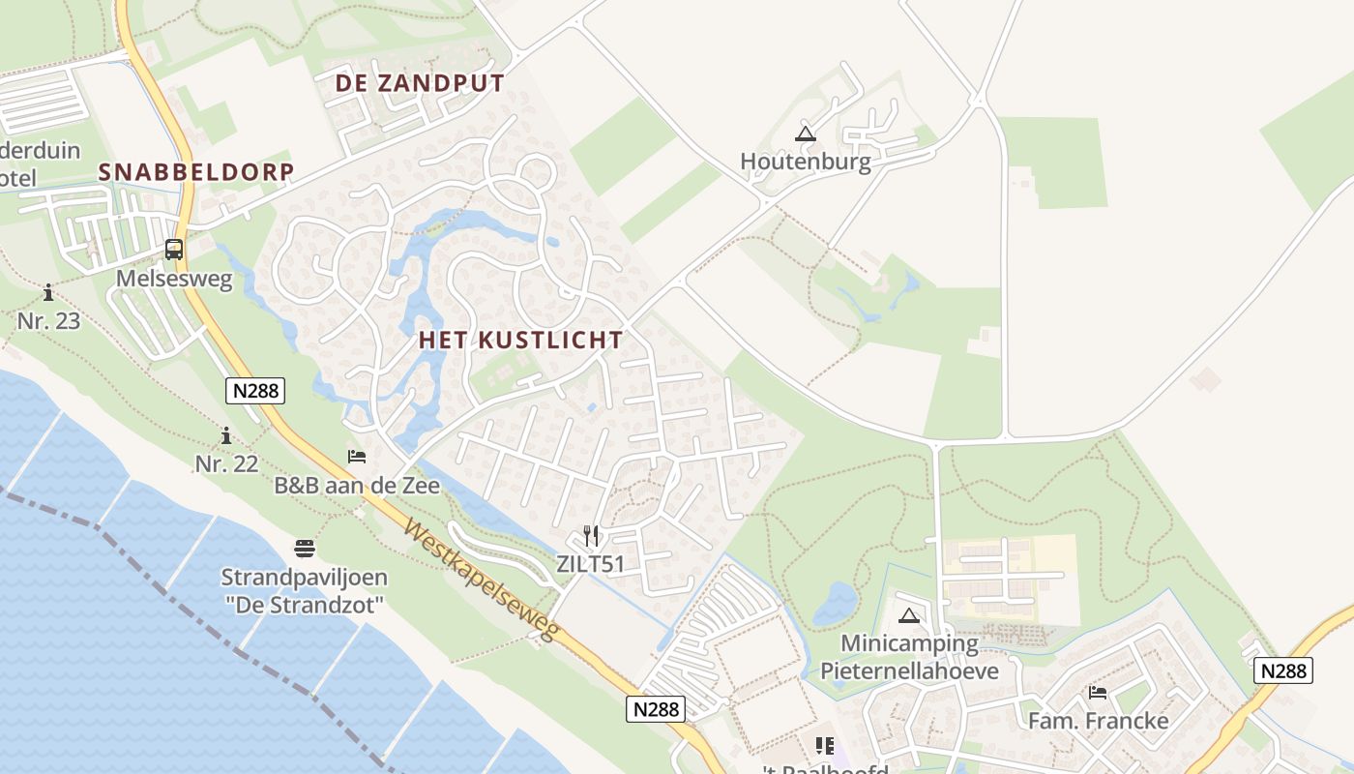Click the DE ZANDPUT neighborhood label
[420, 83]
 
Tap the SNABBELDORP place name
[196, 172]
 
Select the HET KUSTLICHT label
[520, 340]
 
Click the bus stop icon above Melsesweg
[174, 250]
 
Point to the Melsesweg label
[174, 279]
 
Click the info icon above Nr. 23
[48, 292]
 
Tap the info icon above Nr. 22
[226, 435]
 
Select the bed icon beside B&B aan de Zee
[357, 457]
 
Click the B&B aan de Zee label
[357, 486]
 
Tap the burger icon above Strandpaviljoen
[305, 549]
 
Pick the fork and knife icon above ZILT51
[591, 535]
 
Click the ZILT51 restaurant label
[591, 564]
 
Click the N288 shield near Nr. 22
[256, 391]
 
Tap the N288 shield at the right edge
[1283, 670]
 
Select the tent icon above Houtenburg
[805, 134]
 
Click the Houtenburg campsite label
[805, 162]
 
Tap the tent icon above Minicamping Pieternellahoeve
[908, 615]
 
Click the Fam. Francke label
[1098, 721]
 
